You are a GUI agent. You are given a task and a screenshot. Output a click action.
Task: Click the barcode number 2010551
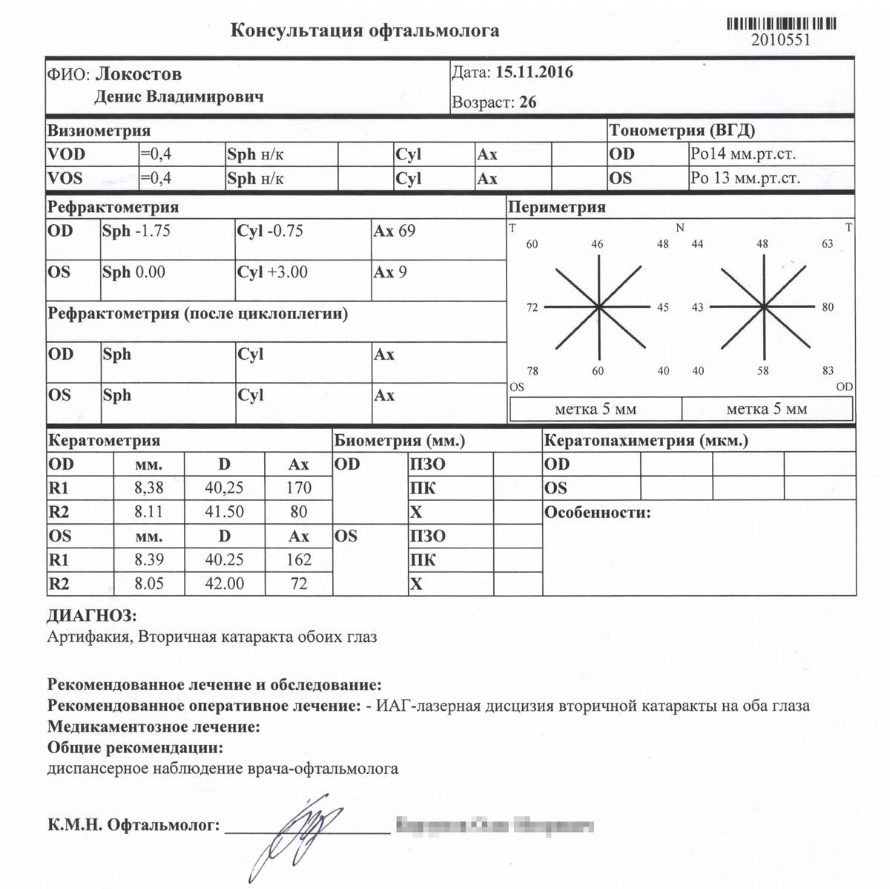pyautogui.click(x=781, y=40)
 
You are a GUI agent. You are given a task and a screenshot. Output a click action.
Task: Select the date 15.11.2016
pyautogui.click(x=534, y=73)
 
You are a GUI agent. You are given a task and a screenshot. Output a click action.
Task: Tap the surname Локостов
pyautogui.click(x=139, y=74)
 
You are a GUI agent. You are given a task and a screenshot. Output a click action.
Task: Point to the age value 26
pyautogui.click(x=527, y=102)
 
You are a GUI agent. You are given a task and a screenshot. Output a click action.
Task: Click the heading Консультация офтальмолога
pyautogui.click(x=364, y=30)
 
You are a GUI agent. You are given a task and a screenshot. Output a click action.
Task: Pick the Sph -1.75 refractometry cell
pyautogui.click(x=136, y=231)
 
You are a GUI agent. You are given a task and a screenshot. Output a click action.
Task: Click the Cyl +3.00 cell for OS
pyautogui.click(x=272, y=272)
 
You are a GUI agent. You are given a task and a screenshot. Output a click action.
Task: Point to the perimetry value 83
pyautogui.click(x=828, y=370)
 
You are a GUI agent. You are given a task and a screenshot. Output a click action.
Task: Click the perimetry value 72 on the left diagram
pyautogui.click(x=532, y=307)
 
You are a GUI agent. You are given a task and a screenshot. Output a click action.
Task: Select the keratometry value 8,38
pyautogui.click(x=148, y=488)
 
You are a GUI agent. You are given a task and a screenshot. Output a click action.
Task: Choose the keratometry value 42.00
pyautogui.click(x=224, y=584)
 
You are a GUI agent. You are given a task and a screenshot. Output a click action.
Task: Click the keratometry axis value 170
pyautogui.click(x=298, y=488)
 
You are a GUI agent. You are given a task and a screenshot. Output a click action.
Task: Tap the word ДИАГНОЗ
pyautogui.click(x=92, y=616)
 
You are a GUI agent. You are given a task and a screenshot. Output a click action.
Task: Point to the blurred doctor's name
pyautogui.click(x=495, y=825)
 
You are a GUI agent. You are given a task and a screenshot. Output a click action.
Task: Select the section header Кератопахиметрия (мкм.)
pyautogui.click(x=646, y=441)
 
